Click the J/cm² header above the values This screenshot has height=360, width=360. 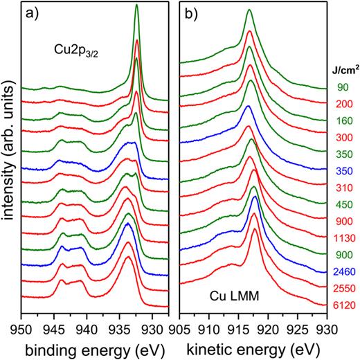[x=342, y=71]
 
